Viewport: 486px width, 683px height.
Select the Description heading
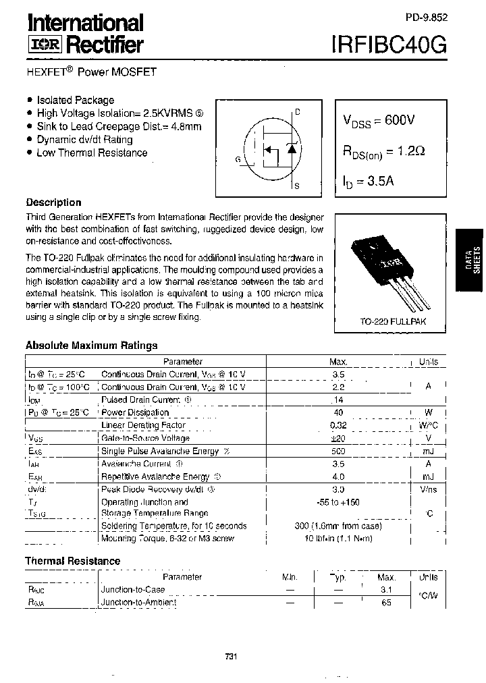pyautogui.click(x=53, y=202)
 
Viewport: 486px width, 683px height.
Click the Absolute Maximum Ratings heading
pyautogui.click(x=91, y=346)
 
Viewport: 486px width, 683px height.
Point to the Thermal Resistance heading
pyautogui.click(x=73, y=561)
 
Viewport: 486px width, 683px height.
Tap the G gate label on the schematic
pyautogui.click(x=238, y=159)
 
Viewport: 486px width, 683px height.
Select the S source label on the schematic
pyautogui.click(x=298, y=185)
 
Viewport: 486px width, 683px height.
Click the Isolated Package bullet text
pyautogui.click(x=76, y=100)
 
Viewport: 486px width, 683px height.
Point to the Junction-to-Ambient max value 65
pyautogui.click(x=386, y=602)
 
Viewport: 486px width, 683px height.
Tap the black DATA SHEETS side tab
pyautogui.click(x=470, y=260)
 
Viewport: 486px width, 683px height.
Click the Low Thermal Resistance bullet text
pyautogui.click(x=92, y=153)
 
